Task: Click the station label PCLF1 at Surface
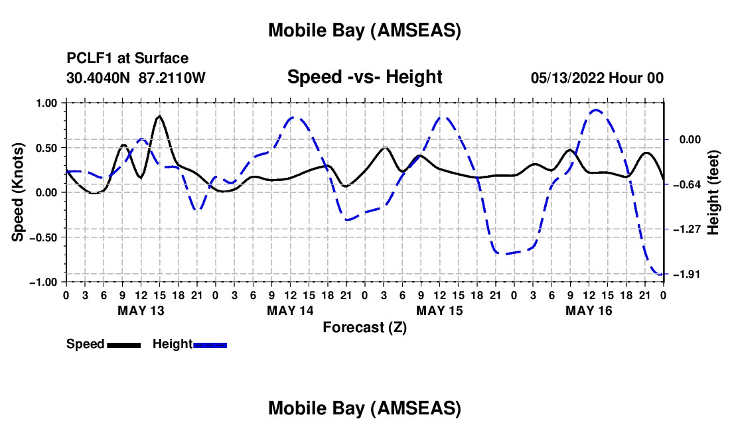(x=127, y=59)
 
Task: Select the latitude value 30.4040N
(x=100, y=78)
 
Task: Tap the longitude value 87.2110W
(x=173, y=78)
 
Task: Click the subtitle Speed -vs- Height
(x=364, y=77)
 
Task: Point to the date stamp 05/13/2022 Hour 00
(x=597, y=78)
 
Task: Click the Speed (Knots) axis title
(x=19, y=192)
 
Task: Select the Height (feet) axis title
(x=713, y=192)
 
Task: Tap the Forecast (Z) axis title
(x=364, y=327)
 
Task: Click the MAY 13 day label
(x=141, y=310)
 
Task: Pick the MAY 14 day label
(x=290, y=310)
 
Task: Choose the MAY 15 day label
(x=439, y=310)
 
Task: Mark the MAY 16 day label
(x=589, y=310)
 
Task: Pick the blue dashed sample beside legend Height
(x=210, y=344)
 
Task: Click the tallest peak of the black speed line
(x=159, y=116)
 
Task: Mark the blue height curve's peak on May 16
(x=596, y=110)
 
